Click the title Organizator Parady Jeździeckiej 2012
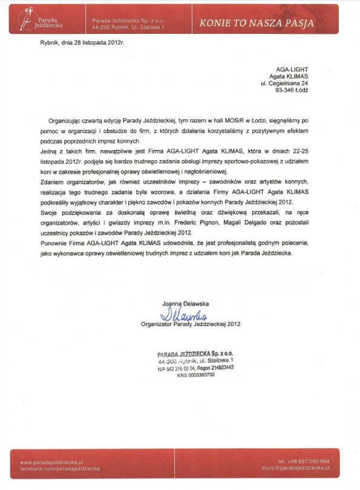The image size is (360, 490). point(191,324)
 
